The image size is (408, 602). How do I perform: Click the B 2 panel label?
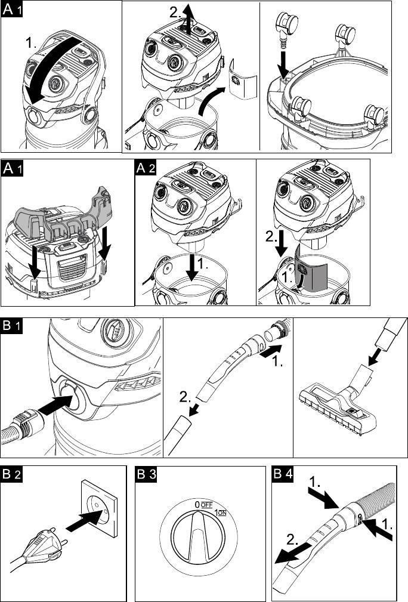coord(12,476)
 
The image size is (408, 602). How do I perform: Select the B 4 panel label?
coord(283,476)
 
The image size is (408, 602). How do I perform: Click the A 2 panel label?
coord(146,168)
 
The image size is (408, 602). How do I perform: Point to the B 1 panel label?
coord(12,327)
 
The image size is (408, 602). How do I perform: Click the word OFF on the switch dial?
coord(206,504)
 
